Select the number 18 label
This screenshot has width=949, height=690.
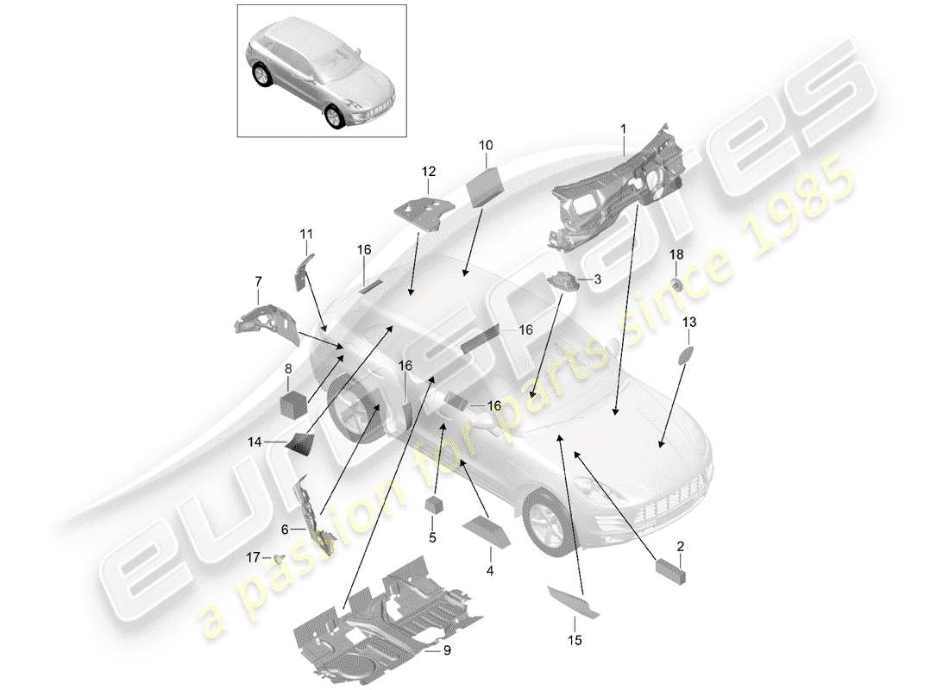[676, 254]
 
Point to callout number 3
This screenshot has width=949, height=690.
[595, 279]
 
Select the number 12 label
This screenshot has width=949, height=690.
[429, 172]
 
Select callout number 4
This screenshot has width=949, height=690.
[489, 570]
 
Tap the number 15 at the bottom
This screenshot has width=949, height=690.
[574, 640]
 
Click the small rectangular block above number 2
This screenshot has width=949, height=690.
[669, 572]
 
